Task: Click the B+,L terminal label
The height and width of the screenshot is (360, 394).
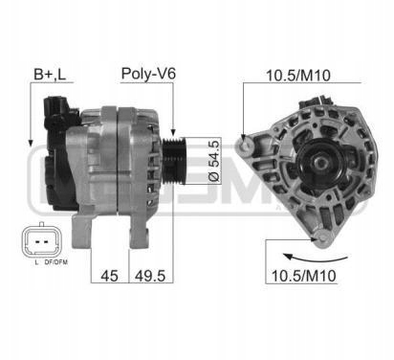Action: (x=50, y=74)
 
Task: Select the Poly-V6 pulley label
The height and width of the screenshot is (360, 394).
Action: (x=148, y=74)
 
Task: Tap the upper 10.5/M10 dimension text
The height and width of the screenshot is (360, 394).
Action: (x=298, y=76)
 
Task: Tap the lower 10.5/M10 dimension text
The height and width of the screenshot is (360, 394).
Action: (x=303, y=276)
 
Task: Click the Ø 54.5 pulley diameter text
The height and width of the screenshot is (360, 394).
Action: (x=215, y=161)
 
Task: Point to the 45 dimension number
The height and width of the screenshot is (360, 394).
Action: (x=109, y=276)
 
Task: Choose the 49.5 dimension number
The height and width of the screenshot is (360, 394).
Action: (x=150, y=276)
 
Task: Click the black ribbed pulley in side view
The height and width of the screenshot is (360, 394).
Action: (x=173, y=161)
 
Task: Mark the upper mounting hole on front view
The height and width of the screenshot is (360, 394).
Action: (x=246, y=146)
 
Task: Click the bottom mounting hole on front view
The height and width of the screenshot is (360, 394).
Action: (x=322, y=238)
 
